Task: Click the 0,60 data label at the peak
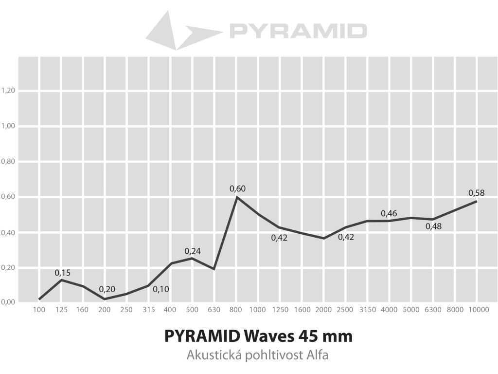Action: pyautogui.click(x=237, y=188)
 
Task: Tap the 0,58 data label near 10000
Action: pyautogui.click(x=476, y=192)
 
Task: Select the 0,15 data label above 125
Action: pyautogui.click(x=63, y=273)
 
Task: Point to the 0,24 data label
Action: pyautogui.click(x=193, y=251)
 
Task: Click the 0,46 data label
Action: pyautogui.click(x=389, y=213)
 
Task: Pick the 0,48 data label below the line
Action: pyautogui.click(x=433, y=226)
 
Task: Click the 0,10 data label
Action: pyautogui.click(x=161, y=289)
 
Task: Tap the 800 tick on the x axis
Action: pyautogui.click(x=237, y=310)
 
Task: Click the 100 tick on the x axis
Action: pyautogui.click(x=39, y=310)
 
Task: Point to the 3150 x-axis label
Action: pyautogui.click(x=367, y=310)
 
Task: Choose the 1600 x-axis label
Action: pyautogui.click(x=302, y=310)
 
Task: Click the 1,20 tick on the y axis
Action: pyautogui.click(x=9, y=91)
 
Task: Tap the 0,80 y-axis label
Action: pyautogui.click(x=9, y=161)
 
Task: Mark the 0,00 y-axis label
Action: pyautogui.click(x=9, y=302)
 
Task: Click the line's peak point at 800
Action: pyautogui.click(x=237, y=197)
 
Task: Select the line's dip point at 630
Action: pyautogui.click(x=214, y=269)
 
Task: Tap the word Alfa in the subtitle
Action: pyautogui.click(x=318, y=355)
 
